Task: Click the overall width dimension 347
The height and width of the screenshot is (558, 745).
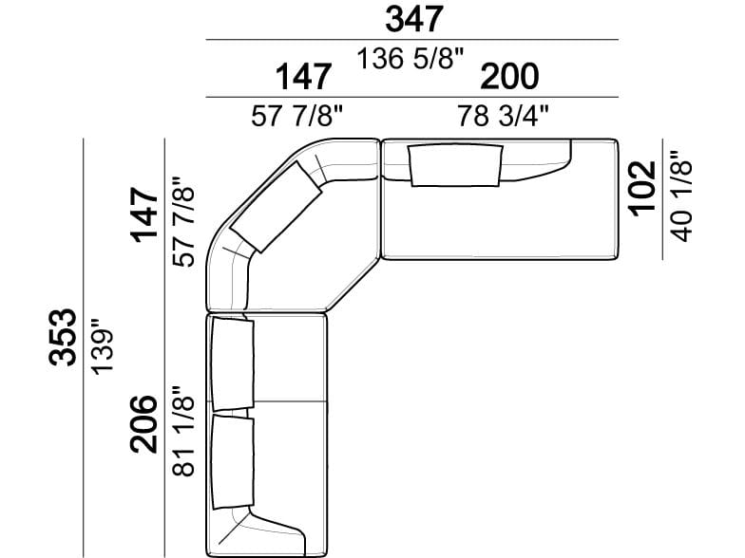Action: pos(414,19)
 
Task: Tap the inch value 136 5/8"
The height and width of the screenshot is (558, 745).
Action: pos(410,59)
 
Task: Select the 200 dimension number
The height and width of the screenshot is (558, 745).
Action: pos(509,76)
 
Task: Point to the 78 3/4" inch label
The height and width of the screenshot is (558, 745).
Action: pos(504,116)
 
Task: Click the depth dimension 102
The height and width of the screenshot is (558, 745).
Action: pos(642,188)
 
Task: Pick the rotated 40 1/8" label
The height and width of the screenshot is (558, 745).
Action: pos(680,196)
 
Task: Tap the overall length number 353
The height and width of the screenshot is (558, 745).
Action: pos(63,338)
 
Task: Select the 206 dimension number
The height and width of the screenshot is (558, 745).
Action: pos(143,423)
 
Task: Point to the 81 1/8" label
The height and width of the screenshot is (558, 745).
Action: pos(183,431)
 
